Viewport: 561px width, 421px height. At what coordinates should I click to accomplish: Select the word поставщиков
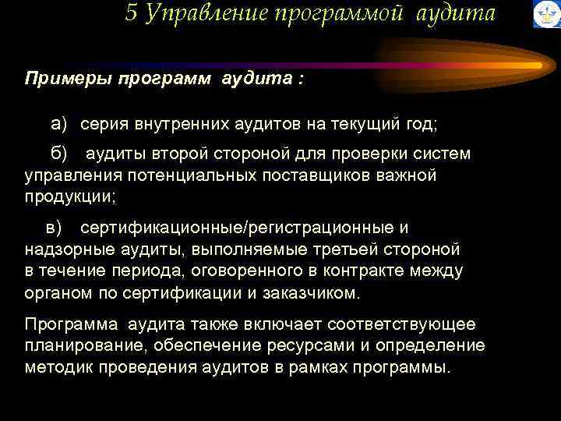[x=316, y=175]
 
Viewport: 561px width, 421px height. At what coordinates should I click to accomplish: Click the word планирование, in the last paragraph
[x=78, y=345]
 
